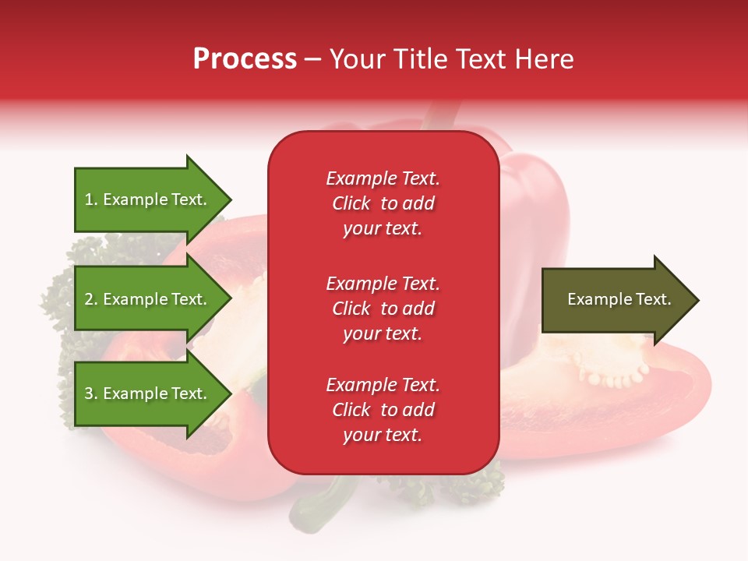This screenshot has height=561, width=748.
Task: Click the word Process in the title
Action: pyautogui.click(x=245, y=58)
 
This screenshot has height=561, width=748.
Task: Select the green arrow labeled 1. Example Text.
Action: pyautogui.click(x=148, y=199)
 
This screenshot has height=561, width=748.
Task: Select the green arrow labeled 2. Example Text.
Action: pyautogui.click(x=148, y=299)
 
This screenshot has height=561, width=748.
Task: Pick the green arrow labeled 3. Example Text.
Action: pyautogui.click(x=148, y=393)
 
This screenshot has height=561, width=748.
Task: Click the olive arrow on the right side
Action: pyautogui.click(x=616, y=300)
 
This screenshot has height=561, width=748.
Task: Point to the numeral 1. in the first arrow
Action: pyautogui.click(x=91, y=200)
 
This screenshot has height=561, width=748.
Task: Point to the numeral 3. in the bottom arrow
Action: pyautogui.click(x=91, y=394)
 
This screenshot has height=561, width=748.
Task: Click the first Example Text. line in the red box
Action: pyautogui.click(x=383, y=178)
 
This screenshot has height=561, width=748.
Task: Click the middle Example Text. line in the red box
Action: pyautogui.click(x=383, y=283)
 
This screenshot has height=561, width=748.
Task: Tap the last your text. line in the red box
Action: pyautogui.click(x=383, y=435)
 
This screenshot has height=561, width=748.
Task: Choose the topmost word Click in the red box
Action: pyautogui.click(x=351, y=203)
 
